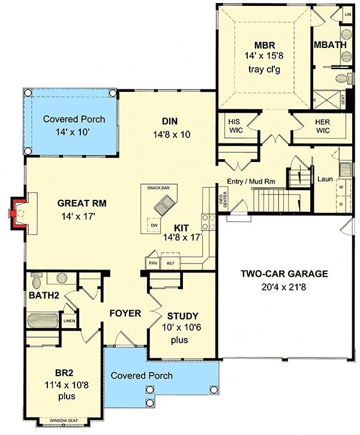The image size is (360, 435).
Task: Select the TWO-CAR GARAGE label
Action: click(284, 274)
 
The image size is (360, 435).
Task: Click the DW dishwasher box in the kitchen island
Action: click(154, 225)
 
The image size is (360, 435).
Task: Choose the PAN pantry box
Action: click(152, 263)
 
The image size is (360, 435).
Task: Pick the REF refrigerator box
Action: click(170, 263)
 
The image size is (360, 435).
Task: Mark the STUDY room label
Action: click(182, 316)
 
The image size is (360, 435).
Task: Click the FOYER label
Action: click(124, 313)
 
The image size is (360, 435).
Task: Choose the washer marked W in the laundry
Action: click(341, 186)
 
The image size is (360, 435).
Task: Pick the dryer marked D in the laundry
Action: click(341, 204)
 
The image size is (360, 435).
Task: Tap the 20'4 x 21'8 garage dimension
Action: click(284, 287)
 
